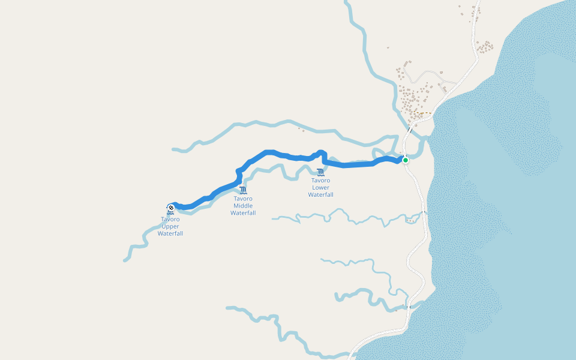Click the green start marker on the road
click(406, 160)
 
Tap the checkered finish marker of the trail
click(171, 208)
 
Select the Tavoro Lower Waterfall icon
click(320, 172)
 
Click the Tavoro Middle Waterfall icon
click(242, 190)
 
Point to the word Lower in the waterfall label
click(320, 187)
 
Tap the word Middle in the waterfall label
click(243, 206)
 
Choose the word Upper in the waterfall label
click(170, 226)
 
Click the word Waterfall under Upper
click(170, 233)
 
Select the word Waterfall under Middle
click(243, 213)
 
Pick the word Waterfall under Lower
click(320, 194)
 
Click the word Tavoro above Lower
click(320, 180)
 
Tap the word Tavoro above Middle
click(243, 199)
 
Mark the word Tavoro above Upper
click(170, 219)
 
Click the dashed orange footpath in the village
click(425, 113)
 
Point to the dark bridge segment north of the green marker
click(410, 129)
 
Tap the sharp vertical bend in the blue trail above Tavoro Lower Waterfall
click(323, 157)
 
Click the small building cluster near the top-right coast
click(484, 46)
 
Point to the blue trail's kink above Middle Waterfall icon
click(239, 175)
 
